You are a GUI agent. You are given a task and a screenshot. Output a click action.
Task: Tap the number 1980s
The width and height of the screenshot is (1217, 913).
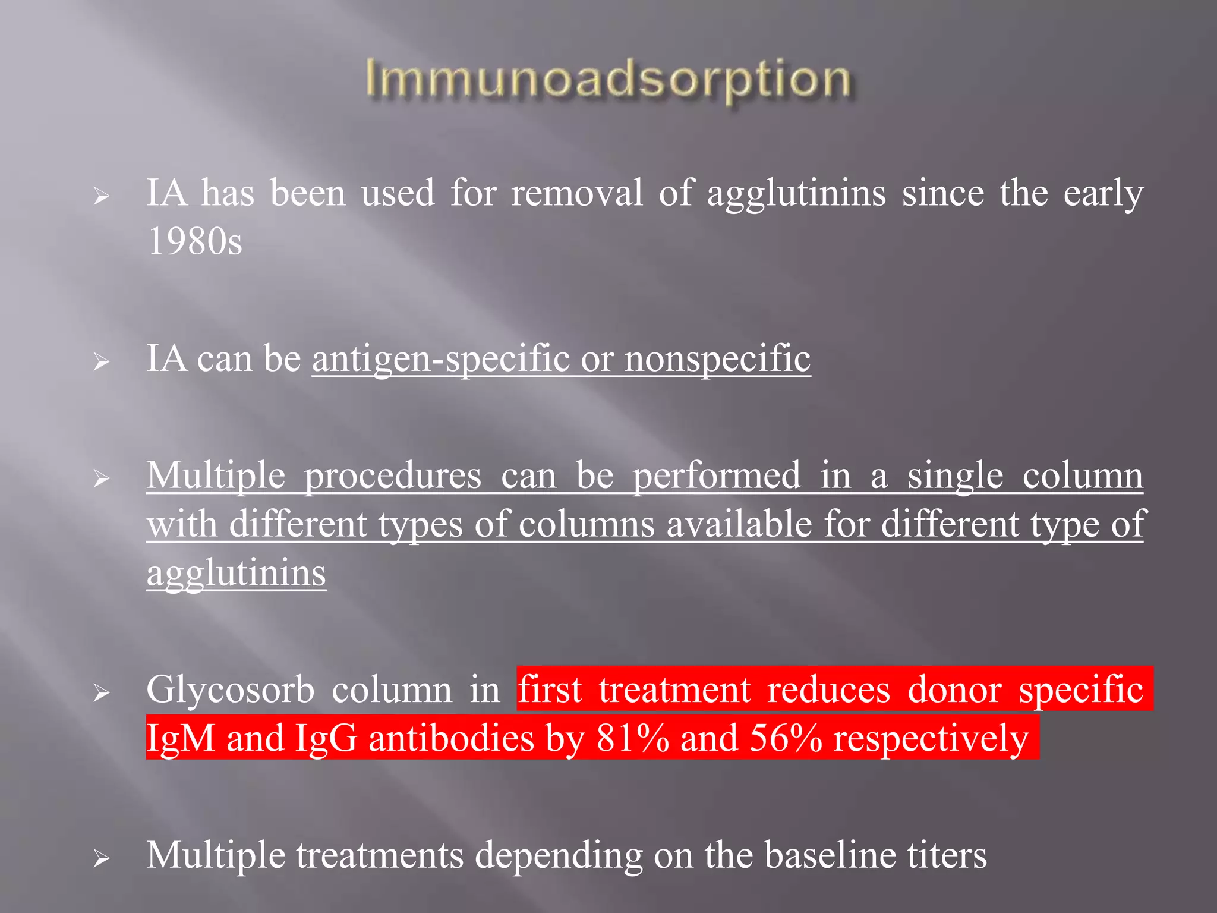click(195, 242)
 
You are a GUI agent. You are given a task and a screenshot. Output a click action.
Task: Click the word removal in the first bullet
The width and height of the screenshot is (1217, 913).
click(577, 193)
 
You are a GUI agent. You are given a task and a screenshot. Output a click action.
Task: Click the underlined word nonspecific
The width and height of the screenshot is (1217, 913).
click(717, 359)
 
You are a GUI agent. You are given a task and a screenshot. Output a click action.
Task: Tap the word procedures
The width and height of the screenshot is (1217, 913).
click(393, 477)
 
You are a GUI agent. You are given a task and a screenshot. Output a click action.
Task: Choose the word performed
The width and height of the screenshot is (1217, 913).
click(716, 477)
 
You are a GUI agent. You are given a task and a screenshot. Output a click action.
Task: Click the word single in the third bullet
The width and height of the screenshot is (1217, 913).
click(955, 477)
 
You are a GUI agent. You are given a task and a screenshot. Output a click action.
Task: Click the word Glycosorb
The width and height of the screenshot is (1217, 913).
click(231, 690)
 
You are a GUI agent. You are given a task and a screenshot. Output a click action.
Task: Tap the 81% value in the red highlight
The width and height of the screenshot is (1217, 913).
click(633, 738)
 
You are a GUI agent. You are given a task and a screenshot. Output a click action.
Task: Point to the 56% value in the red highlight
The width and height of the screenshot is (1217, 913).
click(786, 738)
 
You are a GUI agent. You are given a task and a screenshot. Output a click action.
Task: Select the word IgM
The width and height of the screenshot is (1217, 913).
click(181, 738)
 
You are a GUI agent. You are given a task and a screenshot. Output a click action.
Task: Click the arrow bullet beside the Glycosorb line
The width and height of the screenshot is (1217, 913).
click(102, 693)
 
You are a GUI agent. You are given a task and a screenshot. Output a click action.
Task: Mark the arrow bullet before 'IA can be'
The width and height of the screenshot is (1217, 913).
click(102, 361)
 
